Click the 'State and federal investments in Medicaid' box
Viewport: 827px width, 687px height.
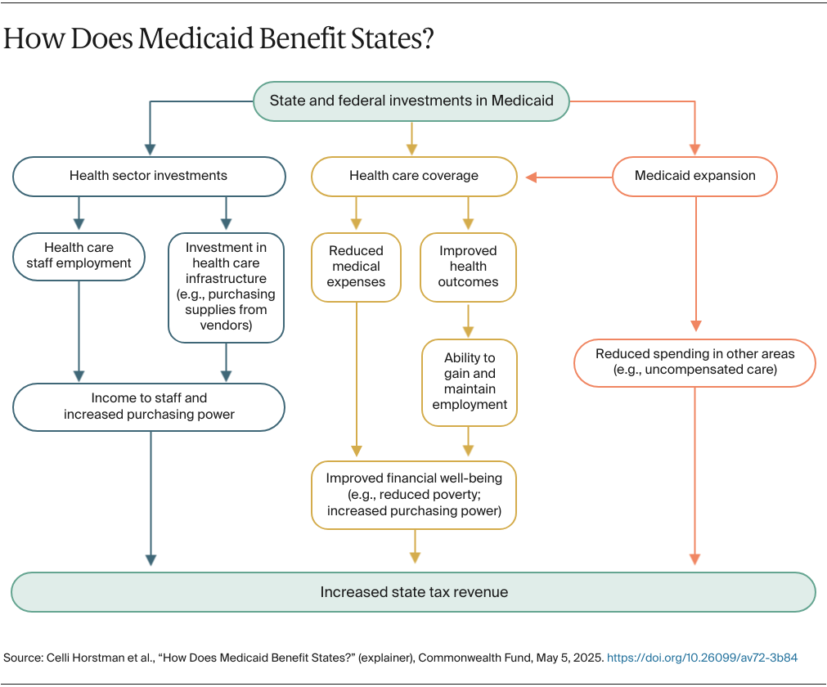(x=411, y=101)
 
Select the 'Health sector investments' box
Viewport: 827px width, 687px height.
(x=148, y=176)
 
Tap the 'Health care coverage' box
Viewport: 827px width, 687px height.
(x=414, y=176)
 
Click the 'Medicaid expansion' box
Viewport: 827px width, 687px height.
(x=694, y=176)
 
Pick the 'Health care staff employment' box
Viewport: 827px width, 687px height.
(x=79, y=255)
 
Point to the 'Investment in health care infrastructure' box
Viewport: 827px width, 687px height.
(x=226, y=286)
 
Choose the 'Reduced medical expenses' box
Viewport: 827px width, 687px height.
(x=356, y=267)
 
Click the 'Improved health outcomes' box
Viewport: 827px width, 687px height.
(x=468, y=267)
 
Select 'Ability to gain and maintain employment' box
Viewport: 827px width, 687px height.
(x=470, y=382)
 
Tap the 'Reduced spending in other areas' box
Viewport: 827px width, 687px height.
(x=694, y=361)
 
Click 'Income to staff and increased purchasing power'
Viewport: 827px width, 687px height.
(x=148, y=406)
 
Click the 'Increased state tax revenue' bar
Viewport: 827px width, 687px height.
(x=413, y=592)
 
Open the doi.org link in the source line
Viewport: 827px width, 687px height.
(x=701, y=658)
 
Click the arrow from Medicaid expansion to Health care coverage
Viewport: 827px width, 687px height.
(x=569, y=177)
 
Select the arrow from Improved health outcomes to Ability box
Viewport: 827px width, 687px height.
(x=469, y=321)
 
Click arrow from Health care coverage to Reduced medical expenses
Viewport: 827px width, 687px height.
(x=356, y=214)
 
